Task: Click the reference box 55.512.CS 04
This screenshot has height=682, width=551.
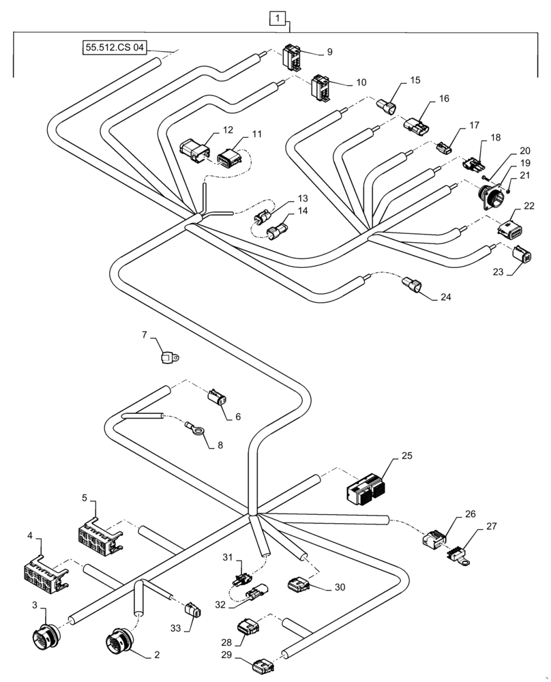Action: click(113, 48)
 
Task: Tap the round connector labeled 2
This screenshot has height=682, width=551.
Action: click(121, 642)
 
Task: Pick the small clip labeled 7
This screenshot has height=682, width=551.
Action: click(170, 355)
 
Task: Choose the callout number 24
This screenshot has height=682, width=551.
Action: click(446, 297)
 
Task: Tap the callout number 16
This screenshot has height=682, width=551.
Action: click(444, 99)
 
